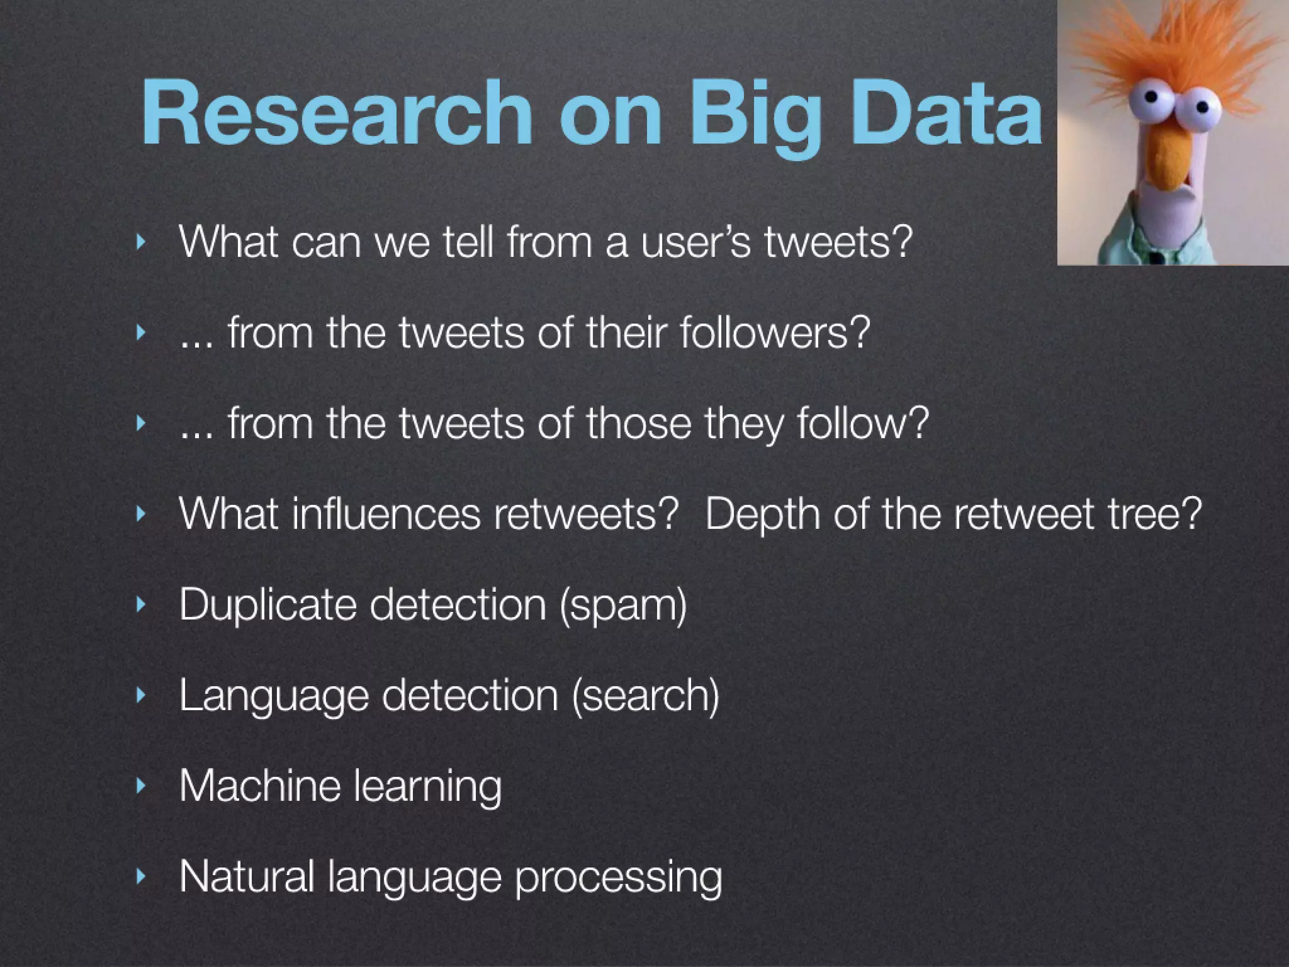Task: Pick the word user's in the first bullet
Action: [696, 242]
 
